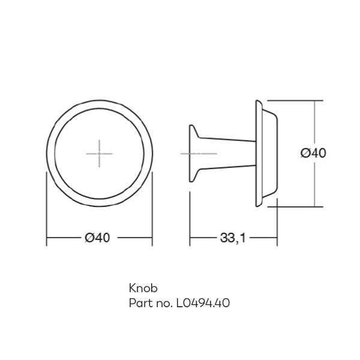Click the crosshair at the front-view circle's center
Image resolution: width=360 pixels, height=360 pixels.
99,153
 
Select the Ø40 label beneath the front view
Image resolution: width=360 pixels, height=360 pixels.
98,238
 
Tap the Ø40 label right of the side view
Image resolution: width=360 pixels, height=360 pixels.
313,153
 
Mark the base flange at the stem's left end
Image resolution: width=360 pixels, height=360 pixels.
192,153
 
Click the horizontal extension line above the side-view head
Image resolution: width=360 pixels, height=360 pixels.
294,100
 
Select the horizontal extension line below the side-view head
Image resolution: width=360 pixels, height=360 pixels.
294,205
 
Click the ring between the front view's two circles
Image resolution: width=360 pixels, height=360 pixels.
52,153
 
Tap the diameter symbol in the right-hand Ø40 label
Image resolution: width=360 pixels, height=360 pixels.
304,153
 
